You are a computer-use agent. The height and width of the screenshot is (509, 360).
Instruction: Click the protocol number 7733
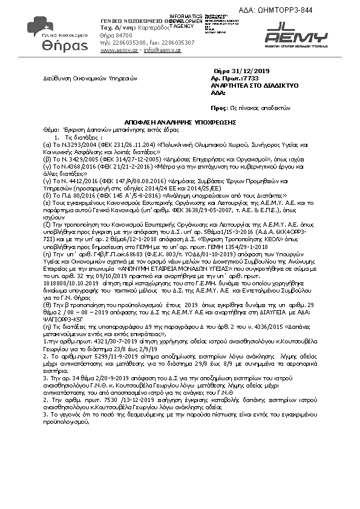click(249, 79)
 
